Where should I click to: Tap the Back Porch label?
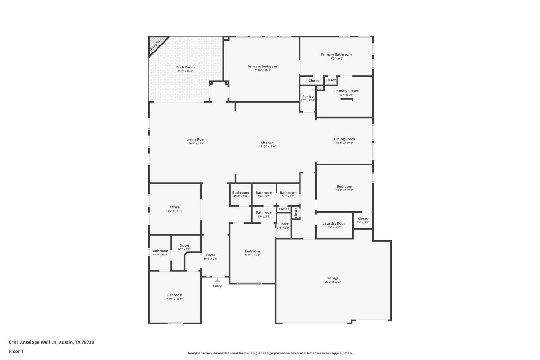click(x=185, y=67)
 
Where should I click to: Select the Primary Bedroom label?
click(x=262, y=67)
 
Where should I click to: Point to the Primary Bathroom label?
click(x=336, y=55)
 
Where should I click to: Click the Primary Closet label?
click(x=346, y=91)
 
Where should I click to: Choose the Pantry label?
click(x=308, y=97)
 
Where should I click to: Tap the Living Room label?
click(x=196, y=140)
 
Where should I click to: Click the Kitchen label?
click(x=267, y=143)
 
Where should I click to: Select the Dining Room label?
click(x=344, y=139)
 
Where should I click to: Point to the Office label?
click(x=174, y=207)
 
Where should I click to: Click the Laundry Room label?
click(x=334, y=224)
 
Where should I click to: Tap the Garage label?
click(x=333, y=278)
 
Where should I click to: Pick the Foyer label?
click(x=210, y=255)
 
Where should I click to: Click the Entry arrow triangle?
click(x=217, y=280)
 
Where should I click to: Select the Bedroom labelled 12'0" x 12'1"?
click(x=174, y=295)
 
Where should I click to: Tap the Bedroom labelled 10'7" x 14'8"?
click(x=252, y=252)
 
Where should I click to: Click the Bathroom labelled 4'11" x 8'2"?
click(x=159, y=251)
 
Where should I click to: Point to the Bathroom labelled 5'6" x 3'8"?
click(x=264, y=213)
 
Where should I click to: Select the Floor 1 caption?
click(x=16, y=351)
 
